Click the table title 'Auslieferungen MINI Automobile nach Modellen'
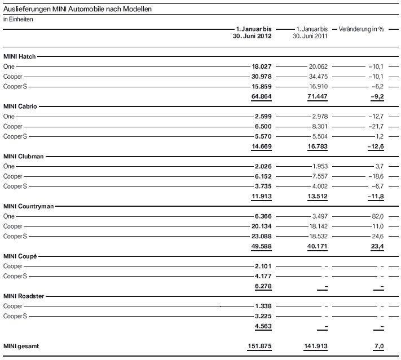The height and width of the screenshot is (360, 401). pos(77,10)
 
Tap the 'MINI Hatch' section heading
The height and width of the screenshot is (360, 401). pos(19,57)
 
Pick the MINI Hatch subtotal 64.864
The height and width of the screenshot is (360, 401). pos(262,97)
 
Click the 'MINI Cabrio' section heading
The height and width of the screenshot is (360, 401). pos(20,106)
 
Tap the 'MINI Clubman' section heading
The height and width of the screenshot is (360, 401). pos(23,156)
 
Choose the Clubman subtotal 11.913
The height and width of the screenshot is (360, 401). pos(262,196)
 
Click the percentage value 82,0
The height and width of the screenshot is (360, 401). pos(376,216)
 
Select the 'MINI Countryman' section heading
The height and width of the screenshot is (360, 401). pos(28,206)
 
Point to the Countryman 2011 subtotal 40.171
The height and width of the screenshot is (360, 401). pos(316,246)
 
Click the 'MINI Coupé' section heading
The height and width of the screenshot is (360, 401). pos(20,256)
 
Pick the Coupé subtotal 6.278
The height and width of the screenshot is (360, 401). pos(263,286)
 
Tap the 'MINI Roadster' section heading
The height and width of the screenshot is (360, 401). pos(23,296)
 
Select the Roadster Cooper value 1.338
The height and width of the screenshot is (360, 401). pos(263,306)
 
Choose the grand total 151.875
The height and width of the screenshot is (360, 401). pos(260,346)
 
